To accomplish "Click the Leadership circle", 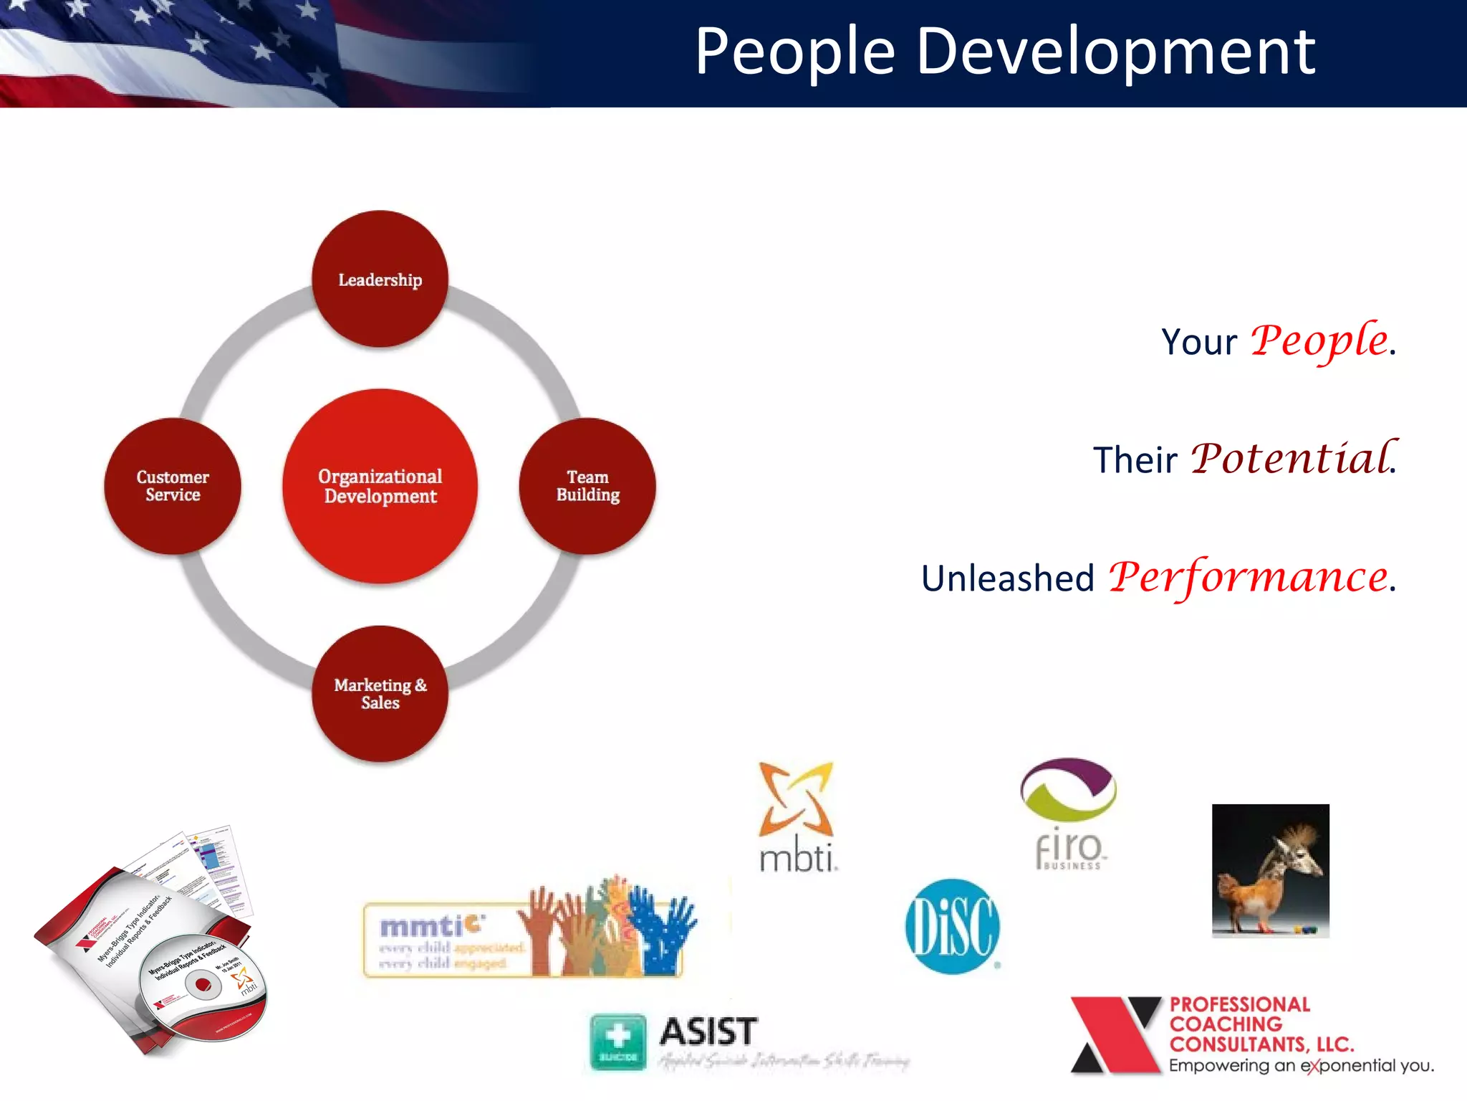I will click(380, 279).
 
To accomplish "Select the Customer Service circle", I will click(173, 486).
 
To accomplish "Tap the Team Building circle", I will click(587, 486).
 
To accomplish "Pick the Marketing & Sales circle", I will click(380, 693).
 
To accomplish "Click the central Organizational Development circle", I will click(380, 486).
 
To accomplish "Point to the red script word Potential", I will click(1292, 459).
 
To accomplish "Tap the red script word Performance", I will click(1249, 577).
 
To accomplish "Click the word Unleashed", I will click(1007, 578).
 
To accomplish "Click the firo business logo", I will click(1068, 814).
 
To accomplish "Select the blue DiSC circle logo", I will click(952, 926).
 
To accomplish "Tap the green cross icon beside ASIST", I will click(617, 1041).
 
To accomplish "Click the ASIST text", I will click(708, 1032).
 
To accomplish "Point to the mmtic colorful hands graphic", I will click(609, 928).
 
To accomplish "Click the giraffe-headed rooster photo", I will click(1270, 870).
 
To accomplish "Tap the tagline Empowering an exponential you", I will click(1301, 1066).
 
